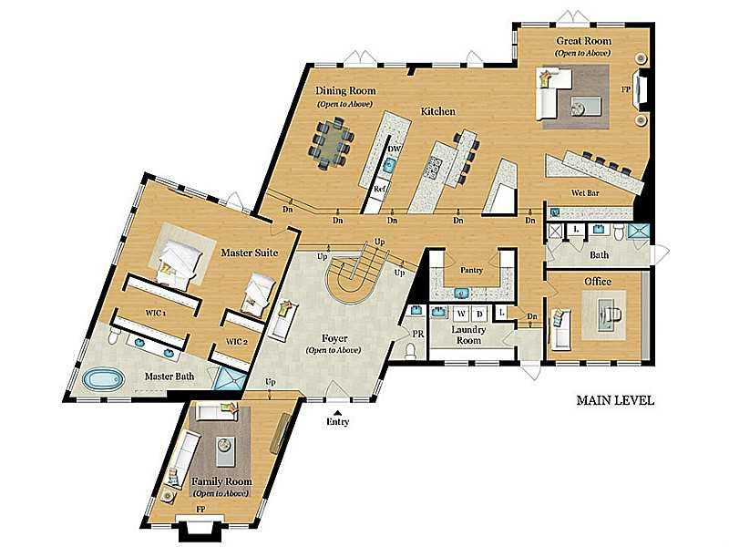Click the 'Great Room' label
(x=583, y=41)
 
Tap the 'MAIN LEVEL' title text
(x=615, y=400)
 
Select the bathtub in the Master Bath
(x=103, y=378)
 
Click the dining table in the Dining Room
(x=333, y=144)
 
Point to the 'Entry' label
(x=337, y=422)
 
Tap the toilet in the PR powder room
(x=411, y=351)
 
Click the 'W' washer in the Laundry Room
(x=461, y=314)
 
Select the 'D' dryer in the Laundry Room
(x=479, y=314)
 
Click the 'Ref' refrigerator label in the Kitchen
(x=379, y=190)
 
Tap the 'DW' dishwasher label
(x=394, y=150)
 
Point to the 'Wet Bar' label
(x=585, y=192)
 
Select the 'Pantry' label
(x=471, y=270)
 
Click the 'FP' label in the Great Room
(x=626, y=88)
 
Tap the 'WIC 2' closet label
(x=237, y=342)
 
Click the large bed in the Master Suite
(x=180, y=262)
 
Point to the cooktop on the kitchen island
(x=432, y=168)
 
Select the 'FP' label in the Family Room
(x=200, y=510)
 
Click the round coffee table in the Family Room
(x=225, y=445)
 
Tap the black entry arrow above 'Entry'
(x=338, y=413)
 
